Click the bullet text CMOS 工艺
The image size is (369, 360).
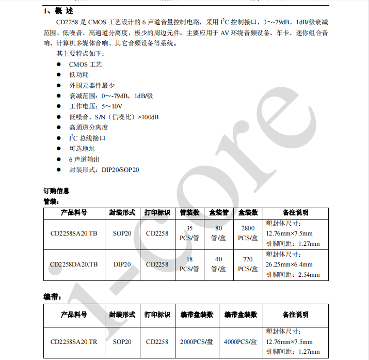tap(85, 64)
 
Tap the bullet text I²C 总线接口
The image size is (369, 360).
tap(87, 138)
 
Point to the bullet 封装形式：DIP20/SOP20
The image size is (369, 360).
tap(104, 169)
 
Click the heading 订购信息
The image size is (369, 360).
tap(56, 191)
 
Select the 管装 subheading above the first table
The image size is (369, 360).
tap(52, 201)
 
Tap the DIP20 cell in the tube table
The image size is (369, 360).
tap(122, 264)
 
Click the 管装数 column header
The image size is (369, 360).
tap(189, 212)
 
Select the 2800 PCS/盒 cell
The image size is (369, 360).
tap(248, 233)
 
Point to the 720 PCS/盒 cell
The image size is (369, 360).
tap(248, 264)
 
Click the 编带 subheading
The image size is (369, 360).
tap(52, 296)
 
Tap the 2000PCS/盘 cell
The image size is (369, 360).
tap(197, 342)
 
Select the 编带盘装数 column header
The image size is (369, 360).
tap(197, 315)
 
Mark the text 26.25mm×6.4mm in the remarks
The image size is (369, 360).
tap(289, 264)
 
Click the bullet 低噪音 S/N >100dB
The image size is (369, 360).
tap(114, 117)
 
